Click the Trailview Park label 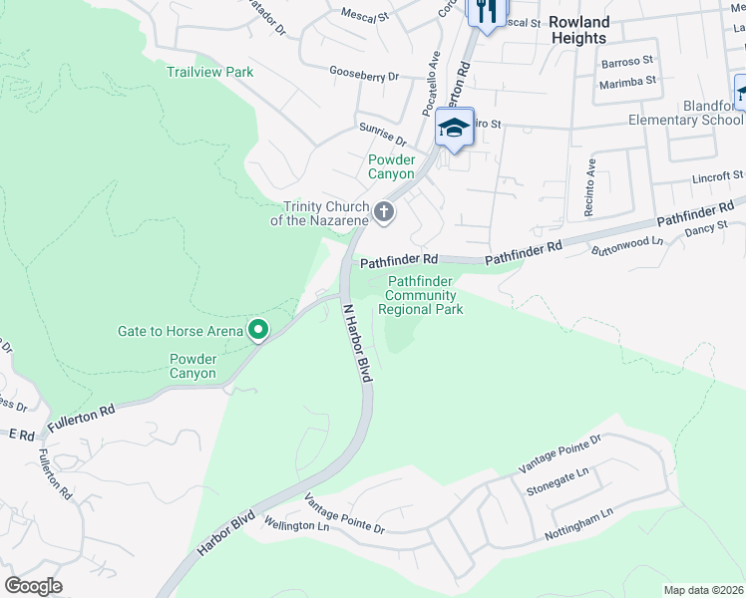(209, 72)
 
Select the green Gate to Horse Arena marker (258, 330)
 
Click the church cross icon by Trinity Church (384, 212)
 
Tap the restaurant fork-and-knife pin (486, 13)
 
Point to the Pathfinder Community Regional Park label (420, 296)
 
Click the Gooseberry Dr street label (364, 74)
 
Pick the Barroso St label (626, 62)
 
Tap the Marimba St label (627, 81)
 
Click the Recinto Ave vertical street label (590, 188)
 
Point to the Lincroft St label (717, 177)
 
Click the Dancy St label (707, 231)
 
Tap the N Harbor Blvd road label (356, 343)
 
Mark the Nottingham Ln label (578, 525)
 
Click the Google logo (34, 586)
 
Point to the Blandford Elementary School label (686, 113)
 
